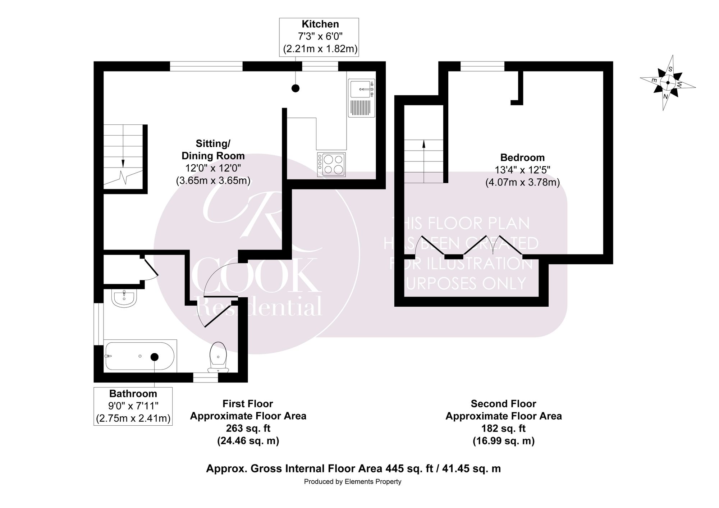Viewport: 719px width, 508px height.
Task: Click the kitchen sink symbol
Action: click(x=362, y=98)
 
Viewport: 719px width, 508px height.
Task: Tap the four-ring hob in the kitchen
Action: click(x=331, y=165)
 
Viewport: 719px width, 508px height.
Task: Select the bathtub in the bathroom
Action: click(x=140, y=356)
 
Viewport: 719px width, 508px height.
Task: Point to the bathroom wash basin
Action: click(x=124, y=299)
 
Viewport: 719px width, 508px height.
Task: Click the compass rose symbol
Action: click(x=668, y=83)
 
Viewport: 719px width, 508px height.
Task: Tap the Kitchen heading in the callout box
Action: click(x=320, y=24)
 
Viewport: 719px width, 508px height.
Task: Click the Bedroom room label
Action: click(x=522, y=157)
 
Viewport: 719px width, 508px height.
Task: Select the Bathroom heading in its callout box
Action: click(x=133, y=393)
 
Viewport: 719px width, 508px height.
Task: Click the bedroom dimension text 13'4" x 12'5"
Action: click(x=522, y=170)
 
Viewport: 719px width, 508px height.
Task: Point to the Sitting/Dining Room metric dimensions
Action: click(x=213, y=180)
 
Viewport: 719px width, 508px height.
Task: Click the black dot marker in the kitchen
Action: click(x=296, y=88)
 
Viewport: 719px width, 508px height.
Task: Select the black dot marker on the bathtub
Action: click(x=155, y=357)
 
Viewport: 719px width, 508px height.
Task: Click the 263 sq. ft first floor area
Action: click(x=248, y=429)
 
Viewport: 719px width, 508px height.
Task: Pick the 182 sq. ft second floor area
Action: click(x=504, y=429)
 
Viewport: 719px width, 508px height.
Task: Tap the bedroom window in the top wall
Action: click(x=482, y=66)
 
